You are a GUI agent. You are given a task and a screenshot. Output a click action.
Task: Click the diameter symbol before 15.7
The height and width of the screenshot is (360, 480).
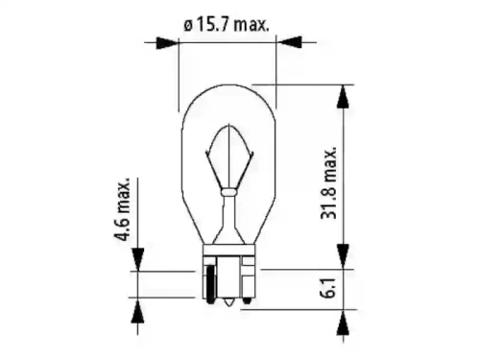click(x=188, y=26)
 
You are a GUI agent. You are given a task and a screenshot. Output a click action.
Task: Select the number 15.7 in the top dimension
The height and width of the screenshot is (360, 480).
click(x=212, y=25)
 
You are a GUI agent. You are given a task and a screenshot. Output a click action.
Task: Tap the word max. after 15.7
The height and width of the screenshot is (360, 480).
click(x=251, y=26)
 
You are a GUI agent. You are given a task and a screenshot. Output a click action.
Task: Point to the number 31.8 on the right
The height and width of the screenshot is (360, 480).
click(x=329, y=202)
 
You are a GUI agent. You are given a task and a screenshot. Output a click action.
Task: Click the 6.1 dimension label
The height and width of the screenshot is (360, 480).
click(x=329, y=288)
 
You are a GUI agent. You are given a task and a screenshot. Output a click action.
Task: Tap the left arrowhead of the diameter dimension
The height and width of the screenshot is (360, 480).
click(x=166, y=42)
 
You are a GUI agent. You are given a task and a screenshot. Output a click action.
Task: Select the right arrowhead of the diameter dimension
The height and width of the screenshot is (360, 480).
click(x=289, y=41)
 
